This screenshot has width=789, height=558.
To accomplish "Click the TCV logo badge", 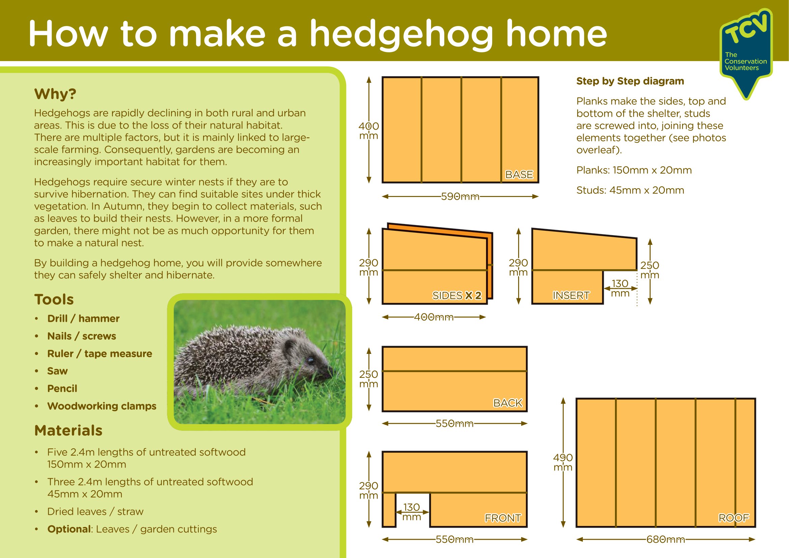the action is pyautogui.click(x=746, y=52).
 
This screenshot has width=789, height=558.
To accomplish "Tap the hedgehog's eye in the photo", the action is pyautogui.click(x=311, y=361).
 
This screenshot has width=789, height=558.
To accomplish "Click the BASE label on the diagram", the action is pyautogui.click(x=519, y=174).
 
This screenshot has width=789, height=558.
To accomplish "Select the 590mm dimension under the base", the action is pyautogui.click(x=460, y=197).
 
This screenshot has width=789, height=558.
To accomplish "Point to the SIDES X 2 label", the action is pyautogui.click(x=457, y=296).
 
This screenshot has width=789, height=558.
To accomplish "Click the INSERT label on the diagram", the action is pyautogui.click(x=571, y=296).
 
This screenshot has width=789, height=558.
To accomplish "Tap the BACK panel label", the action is pyautogui.click(x=508, y=403).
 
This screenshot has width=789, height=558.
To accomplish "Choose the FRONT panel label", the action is pyautogui.click(x=503, y=518).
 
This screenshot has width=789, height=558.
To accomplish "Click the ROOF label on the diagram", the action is pyautogui.click(x=734, y=518).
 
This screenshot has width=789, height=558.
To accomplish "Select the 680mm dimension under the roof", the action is pyautogui.click(x=666, y=539).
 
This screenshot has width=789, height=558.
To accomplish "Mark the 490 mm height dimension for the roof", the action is pyautogui.click(x=563, y=462).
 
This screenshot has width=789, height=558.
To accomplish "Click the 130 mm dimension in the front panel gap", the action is pyautogui.click(x=412, y=512).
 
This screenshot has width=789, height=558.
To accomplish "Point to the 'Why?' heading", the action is pyautogui.click(x=55, y=94).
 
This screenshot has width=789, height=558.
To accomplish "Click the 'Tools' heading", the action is pyautogui.click(x=54, y=299).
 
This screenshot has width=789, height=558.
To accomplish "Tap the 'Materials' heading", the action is pyautogui.click(x=68, y=430).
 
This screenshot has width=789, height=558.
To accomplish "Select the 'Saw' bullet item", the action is pyautogui.click(x=57, y=371).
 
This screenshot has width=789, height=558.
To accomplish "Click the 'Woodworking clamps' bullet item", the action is pyautogui.click(x=102, y=406).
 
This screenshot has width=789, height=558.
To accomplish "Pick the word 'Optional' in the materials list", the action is pyautogui.click(x=69, y=529).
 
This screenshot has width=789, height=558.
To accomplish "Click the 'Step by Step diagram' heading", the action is pyautogui.click(x=630, y=81).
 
